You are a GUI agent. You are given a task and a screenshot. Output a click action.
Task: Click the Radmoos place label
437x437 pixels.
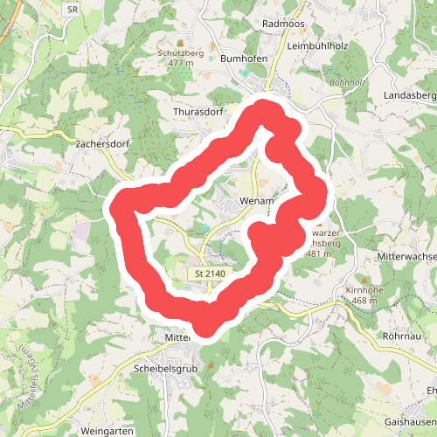281,23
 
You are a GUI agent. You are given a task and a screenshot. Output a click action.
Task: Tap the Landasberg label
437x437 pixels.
409,94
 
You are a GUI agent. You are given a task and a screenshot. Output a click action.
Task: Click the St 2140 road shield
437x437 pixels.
210,274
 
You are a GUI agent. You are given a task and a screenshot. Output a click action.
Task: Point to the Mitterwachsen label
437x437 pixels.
407,257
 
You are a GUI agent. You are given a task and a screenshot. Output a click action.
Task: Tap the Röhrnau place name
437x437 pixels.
404,336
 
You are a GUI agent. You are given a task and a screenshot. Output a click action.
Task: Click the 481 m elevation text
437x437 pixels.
321,254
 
